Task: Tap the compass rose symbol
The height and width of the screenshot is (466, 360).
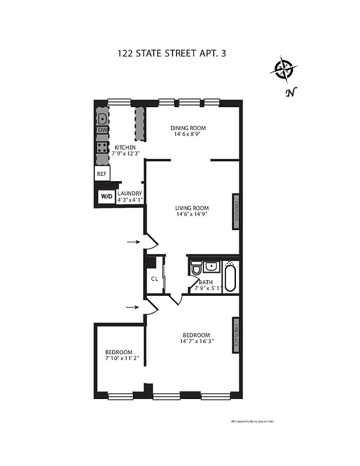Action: [284, 69]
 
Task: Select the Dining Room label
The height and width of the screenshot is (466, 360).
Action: [188, 128]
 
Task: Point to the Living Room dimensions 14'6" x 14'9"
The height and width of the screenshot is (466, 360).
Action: [192, 214]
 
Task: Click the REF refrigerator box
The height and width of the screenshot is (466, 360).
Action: [102, 174]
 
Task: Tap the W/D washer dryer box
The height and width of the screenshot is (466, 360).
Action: [107, 196]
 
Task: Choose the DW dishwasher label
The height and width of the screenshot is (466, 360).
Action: [103, 130]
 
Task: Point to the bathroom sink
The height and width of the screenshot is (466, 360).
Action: [211, 267]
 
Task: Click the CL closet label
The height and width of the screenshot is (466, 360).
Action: [154, 278]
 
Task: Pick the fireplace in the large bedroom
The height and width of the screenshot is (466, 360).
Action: [237, 334]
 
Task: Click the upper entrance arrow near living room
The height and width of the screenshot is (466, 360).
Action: [133, 241]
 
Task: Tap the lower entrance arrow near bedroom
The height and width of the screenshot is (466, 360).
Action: [133, 307]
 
